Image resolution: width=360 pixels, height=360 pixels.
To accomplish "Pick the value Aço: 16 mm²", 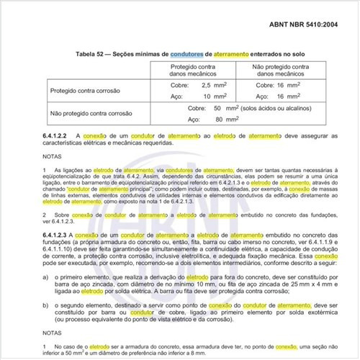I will (x=279, y=96).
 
